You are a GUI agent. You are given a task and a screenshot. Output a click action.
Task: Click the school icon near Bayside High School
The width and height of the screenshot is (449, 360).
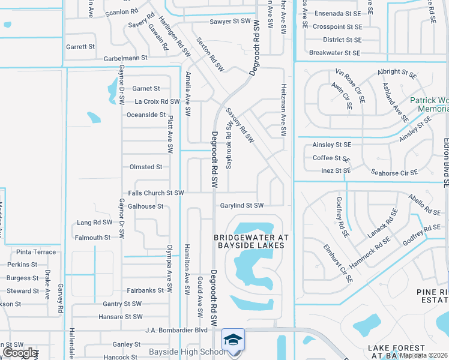pyautogui.click(x=233, y=340)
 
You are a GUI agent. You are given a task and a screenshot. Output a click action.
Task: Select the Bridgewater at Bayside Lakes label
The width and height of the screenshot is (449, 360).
pyautogui.click(x=252, y=241)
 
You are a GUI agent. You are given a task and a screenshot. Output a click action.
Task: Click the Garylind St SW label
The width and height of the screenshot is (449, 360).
pyautogui.click(x=241, y=205)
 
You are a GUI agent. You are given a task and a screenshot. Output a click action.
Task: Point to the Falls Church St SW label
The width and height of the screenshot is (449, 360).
pyautogui.click(x=155, y=193)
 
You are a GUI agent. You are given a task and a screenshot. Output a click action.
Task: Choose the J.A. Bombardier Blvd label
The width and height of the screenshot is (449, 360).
pyautogui.click(x=176, y=330)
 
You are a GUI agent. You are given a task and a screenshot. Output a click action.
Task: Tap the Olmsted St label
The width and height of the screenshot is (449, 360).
pyautogui.click(x=146, y=167)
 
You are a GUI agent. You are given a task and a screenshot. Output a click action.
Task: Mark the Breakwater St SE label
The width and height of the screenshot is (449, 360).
pyautogui.click(x=334, y=53)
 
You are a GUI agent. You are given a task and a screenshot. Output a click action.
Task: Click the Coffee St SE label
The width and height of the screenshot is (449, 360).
pyautogui.click(x=331, y=158)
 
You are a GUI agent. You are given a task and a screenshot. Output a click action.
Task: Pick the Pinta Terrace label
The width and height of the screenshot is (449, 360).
pyautogui.click(x=36, y=252)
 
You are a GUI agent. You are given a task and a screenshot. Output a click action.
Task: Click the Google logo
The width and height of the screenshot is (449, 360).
pyautogui.click(x=20, y=352)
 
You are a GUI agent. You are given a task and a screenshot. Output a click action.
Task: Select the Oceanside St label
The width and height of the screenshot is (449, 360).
pyautogui.click(x=146, y=115)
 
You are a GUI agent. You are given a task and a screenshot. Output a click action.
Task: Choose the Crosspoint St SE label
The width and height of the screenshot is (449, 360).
pyautogui.click(x=337, y=27)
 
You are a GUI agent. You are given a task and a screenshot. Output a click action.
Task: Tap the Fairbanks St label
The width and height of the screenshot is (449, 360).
pyautogui.click(x=145, y=290)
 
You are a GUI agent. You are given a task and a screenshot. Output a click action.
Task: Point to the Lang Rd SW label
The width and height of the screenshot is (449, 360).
pyautogui.click(x=95, y=222)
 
